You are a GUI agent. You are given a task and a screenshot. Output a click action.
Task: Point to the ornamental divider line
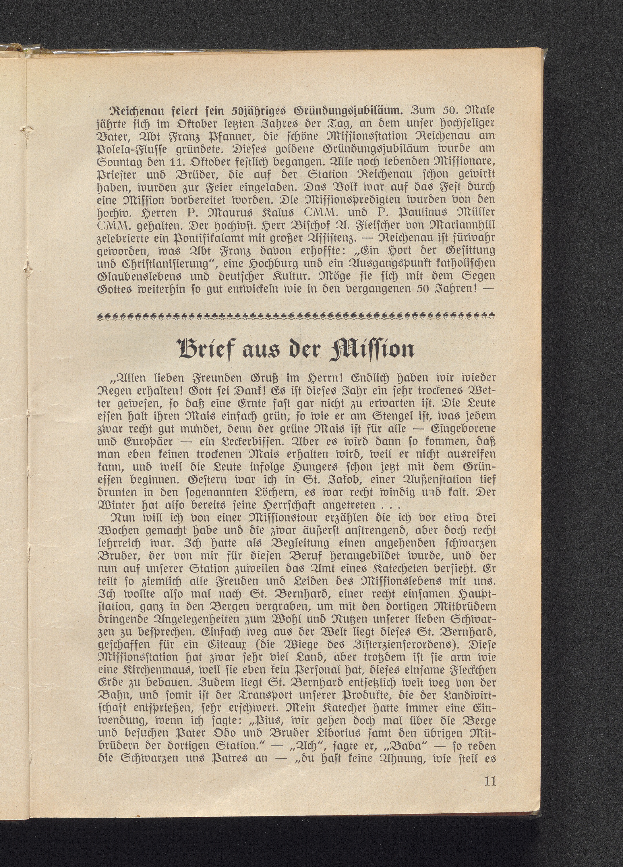pyautogui.click(x=297, y=315)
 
